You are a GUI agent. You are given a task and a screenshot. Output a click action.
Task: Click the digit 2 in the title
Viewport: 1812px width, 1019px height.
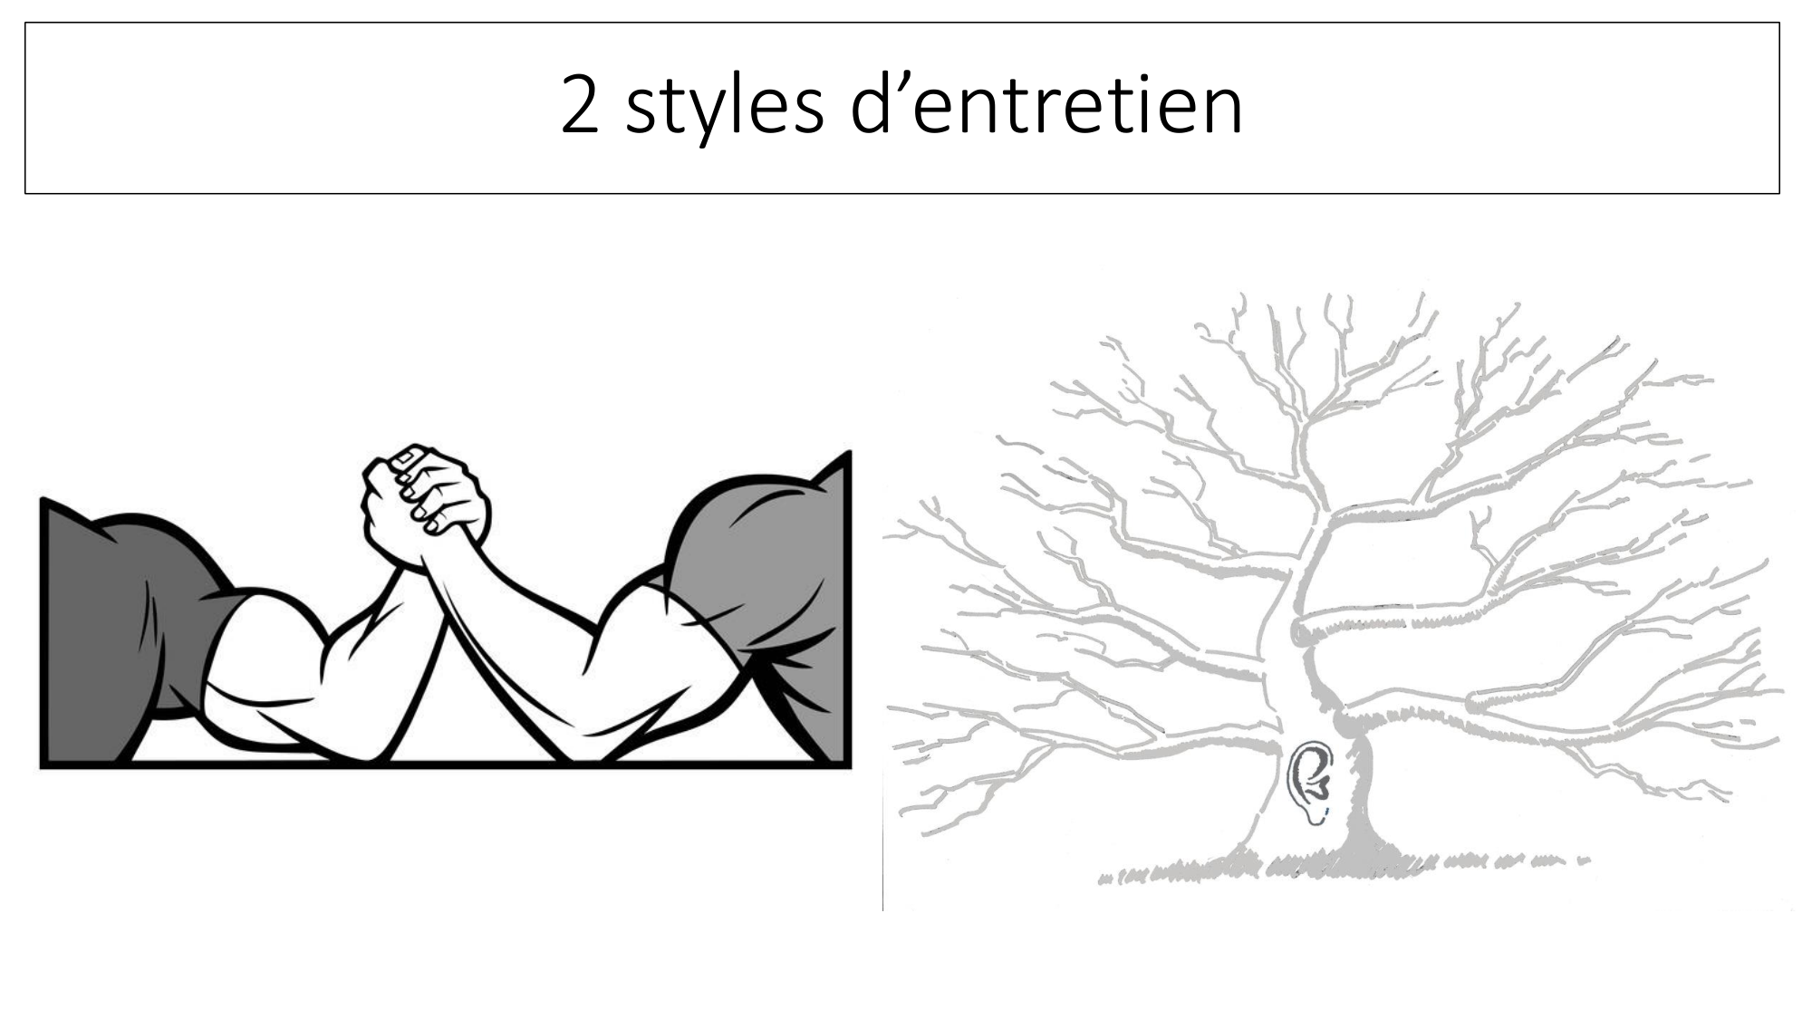[x=580, y=104]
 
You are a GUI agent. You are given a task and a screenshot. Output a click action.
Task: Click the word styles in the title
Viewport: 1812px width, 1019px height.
[x=725, y=108]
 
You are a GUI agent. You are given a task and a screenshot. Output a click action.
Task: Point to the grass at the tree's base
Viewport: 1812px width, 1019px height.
[x=1341, y=865]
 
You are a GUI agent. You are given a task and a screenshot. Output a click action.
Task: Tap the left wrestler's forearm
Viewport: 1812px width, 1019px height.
[x=385, y=652]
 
